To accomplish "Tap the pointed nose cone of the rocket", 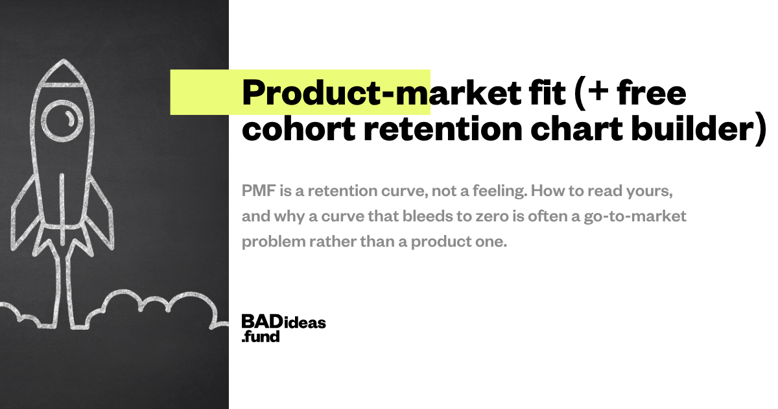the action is coord(64,71).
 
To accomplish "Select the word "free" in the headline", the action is coord(652,93).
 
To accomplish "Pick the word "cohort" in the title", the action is coord(299,129).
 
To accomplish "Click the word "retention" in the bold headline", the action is coord(443,129).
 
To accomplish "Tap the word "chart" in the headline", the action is coord(576,129).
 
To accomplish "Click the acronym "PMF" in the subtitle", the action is coord(259,191).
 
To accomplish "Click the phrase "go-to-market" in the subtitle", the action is coord(635,217).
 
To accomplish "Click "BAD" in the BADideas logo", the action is coord(262,321).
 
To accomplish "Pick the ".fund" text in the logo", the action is coord(261,337).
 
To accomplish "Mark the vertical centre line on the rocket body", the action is coord(62,208).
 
